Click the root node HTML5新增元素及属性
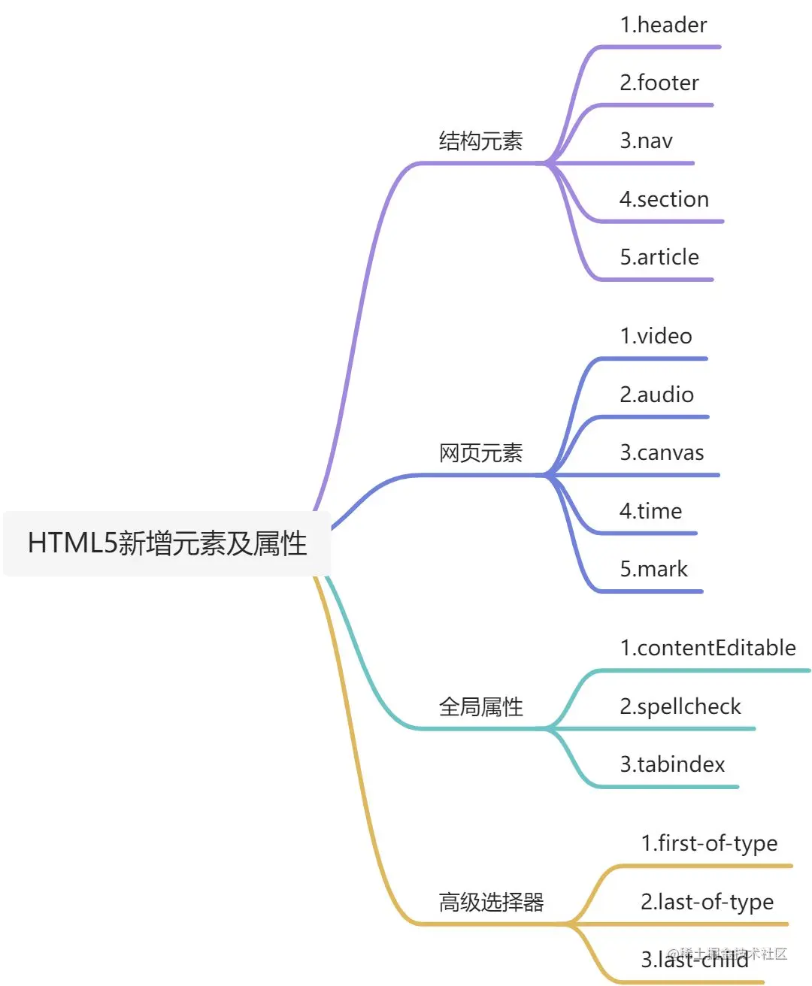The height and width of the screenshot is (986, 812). pos(167,543)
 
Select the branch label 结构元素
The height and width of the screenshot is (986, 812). pos(480,141)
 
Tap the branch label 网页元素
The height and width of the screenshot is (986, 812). pos(480,453)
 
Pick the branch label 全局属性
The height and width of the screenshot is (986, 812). pos(480,706)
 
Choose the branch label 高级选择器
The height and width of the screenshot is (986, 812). pos(491,902)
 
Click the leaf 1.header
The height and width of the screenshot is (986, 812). pos(663,26)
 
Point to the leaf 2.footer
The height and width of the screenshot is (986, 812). pos(659,83)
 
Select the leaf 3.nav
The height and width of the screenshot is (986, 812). pos(647,141)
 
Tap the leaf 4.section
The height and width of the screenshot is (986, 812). pos(664,199)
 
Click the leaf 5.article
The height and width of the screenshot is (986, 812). pos(659,257)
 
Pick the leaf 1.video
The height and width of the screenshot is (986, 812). pos(656,336)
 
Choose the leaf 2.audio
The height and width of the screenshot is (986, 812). pos(656,395)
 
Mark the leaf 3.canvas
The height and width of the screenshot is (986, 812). pos(662,452)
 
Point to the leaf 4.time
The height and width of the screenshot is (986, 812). pos(650,511)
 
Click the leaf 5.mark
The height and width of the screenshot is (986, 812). pos(653,569)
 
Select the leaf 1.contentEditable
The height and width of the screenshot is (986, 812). pos(707,648)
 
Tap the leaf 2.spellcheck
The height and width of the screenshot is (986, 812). pos(680,706)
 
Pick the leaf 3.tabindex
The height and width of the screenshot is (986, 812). pos(672,764)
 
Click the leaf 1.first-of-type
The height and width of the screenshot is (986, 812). pos(709,843)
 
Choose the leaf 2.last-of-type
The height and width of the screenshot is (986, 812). pos(707,902)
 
